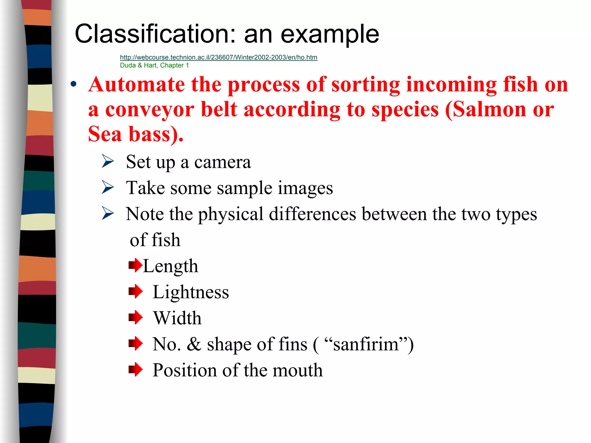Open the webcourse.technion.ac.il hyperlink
pyautogui.click(x=218, y=57)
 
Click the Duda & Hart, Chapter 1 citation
pyautogui.click(x=154, y=66)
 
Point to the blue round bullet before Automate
pyautogui.click(x=74, y=84)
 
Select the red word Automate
pyautogui.click(x=136, y=84)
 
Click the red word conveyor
pyautogui.click(x=150, y=110)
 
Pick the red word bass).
pyautogui.click(x=156, y=135)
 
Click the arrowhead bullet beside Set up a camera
pyautogui.click(x=108, y=161)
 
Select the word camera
pyautogui.click(x=222, y=162)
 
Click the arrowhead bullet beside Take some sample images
pyautogui.click(x=108, y=187)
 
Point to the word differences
pyautogui.click(x=313, y=214)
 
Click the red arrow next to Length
pyautogui.click(x=135, y=265)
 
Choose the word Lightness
pyautogui.click(x=191, y=292)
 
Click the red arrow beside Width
pyautogui.click(x=135, y=317)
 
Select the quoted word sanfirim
pyautogui.click(x=366, y=344)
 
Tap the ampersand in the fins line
pyautogui.click(x=194, y=344)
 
